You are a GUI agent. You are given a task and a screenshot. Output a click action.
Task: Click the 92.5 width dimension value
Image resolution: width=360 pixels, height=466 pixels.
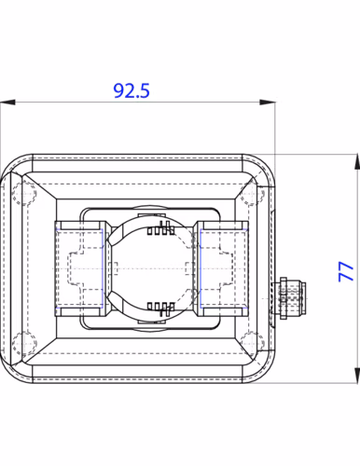coord(132,90)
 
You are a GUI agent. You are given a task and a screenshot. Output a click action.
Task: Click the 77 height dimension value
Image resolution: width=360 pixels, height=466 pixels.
coord(346,271)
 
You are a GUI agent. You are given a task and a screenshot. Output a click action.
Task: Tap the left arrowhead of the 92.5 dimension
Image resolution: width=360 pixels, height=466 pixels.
coord(7,103)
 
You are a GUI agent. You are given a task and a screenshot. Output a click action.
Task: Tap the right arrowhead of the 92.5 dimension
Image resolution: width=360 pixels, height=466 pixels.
coord(268,103)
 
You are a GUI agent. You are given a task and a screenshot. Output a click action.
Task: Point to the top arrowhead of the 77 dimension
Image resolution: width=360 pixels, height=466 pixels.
coord(357,161)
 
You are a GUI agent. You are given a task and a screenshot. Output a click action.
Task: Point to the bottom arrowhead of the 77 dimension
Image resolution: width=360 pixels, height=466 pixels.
coord(357,376)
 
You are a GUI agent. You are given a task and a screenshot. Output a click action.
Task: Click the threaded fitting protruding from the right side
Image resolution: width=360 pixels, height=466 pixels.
coord(288,297)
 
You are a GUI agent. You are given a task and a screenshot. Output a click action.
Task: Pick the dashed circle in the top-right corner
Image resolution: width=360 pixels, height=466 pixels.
coord(253,194)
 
